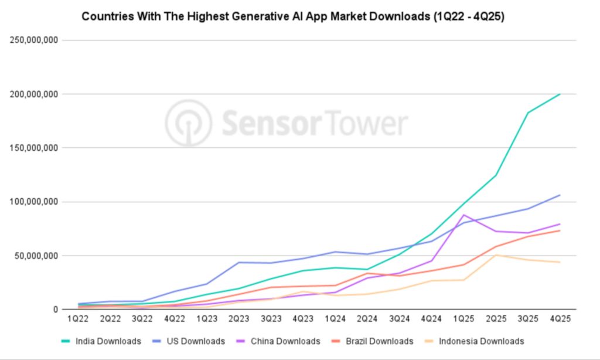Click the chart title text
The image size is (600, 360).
pyautogui.click(x=293, y=16)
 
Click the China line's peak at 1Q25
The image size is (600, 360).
pyautogui.click(x=463, y=215)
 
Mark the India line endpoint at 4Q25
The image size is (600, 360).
pyautogui.click(x=560, y=94)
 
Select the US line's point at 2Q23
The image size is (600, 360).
pyautogui.click(x=239, y=262)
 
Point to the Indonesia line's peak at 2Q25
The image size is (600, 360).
pyautogui.click(x=496, y=255)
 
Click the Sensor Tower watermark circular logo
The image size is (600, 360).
pyautogui.click(x=188, y=123)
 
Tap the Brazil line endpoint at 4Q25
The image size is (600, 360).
pyautogui.click(x=560, y=230)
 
